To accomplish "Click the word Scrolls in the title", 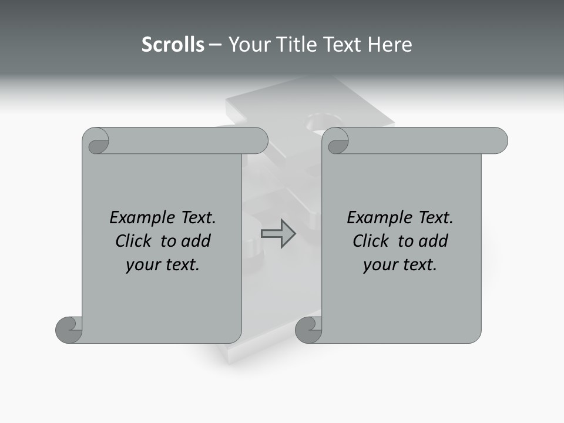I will pos(173,45).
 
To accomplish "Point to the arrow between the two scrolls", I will pos(278,234).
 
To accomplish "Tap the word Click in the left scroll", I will pos(133,241).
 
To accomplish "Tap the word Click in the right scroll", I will pos(371,241).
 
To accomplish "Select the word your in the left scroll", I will pos(143,265).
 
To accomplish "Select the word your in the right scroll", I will pos(380,265).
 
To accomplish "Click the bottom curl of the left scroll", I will pos(69,330).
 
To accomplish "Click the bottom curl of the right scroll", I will pos(308,330).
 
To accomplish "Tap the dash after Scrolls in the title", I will pos(215,45).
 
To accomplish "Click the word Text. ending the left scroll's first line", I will pos(196,218).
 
